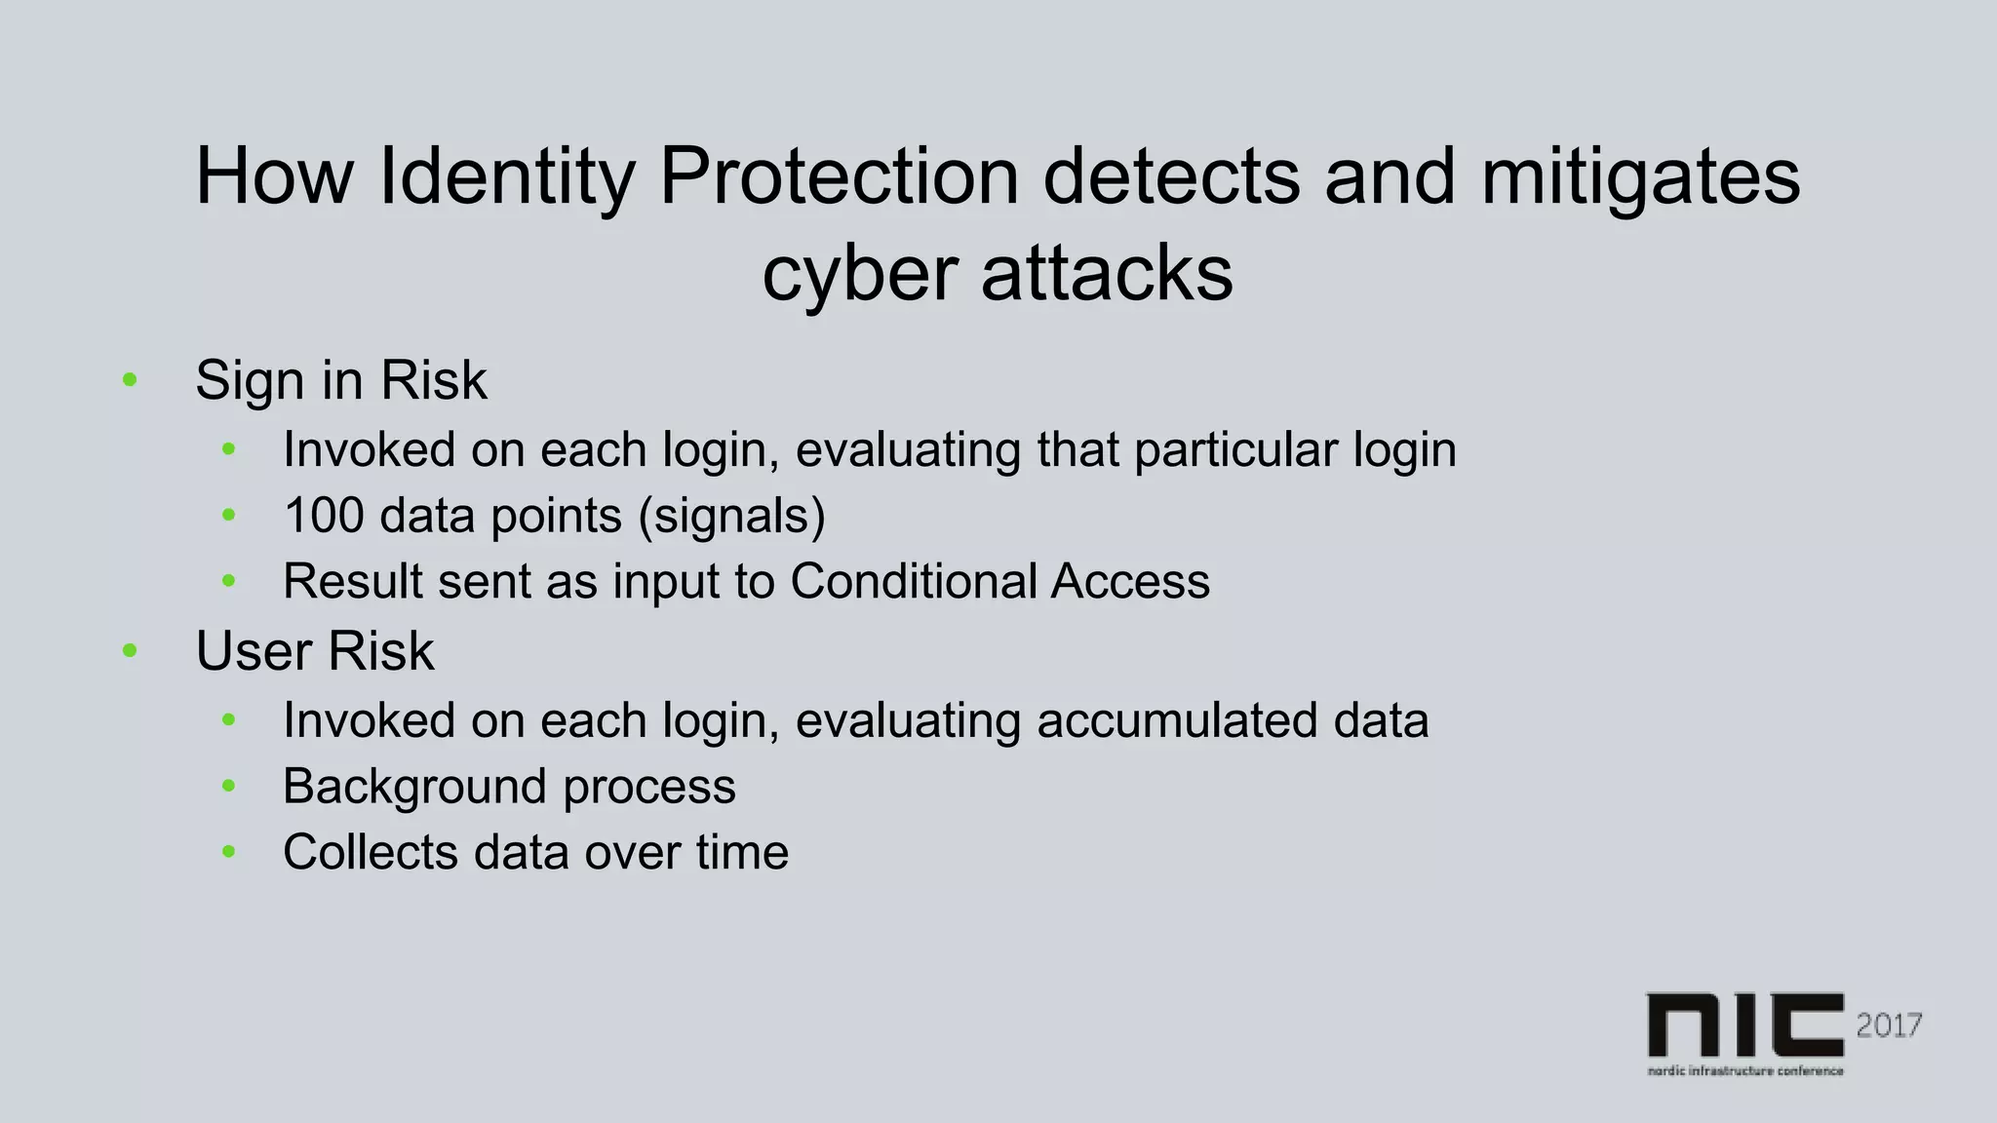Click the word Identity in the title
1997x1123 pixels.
click(506, 177)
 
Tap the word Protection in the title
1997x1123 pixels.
click(839, 177)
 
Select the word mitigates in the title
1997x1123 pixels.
click(1640, 177)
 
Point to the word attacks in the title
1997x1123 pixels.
click(1107, 275)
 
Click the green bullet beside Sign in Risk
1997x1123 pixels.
click(130, 380)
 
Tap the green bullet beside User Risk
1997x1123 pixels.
click(130, 651)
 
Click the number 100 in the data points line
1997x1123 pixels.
click(324, 515)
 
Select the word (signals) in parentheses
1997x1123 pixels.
click(731, 515)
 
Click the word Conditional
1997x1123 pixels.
click(913, 581)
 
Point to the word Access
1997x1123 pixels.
click(1130, 581)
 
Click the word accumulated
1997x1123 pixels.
click(1176, 720)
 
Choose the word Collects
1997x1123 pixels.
click(370, 851)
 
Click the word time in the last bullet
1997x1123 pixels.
click(742, 851)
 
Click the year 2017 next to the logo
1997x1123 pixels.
click(1889, 1025)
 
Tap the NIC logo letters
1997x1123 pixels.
click(1744, 1025)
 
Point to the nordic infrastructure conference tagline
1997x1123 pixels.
click(1744, 1070)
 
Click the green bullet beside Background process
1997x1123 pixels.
click(229, 786)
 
